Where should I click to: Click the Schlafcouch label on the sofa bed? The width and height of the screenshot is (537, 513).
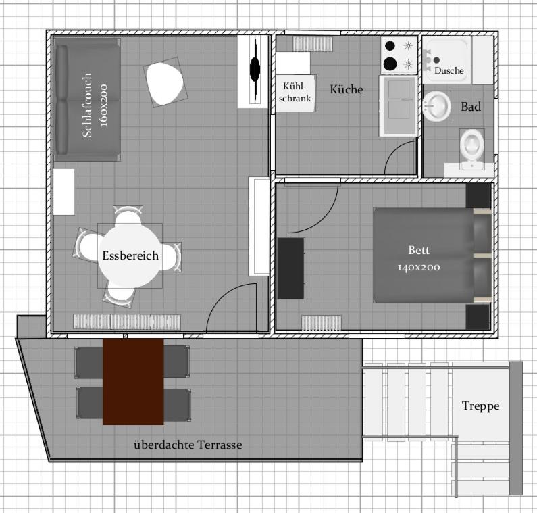click(x=87, y=105)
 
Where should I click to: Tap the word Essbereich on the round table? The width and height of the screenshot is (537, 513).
click(x=130, y=255)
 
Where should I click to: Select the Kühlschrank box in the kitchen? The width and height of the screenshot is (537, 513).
click(x=295, y=93)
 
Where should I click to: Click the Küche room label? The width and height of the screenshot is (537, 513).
click(x=347, y=89)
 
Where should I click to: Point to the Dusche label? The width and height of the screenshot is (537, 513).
click(x=449, y=70)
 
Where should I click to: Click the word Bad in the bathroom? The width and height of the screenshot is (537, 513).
click(x=471, y=107)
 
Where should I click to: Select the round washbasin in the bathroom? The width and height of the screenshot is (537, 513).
click(x=436, y=106)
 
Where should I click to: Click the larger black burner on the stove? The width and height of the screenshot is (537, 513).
click(x=390, y=64)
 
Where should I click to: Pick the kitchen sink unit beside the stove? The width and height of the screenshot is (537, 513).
click(x=399, y=105)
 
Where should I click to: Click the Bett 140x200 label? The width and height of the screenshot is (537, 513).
click(x=419, y=258)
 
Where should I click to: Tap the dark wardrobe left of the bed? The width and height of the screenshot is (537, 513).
click(x=290, y=268)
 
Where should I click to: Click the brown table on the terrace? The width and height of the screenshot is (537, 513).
click(x=133, y=381)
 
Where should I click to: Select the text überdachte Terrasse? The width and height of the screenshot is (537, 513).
click(x=188, y=445)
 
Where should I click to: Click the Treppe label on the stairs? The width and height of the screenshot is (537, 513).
click(x=480, y=406)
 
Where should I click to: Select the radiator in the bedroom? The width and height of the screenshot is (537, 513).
click(x=322, y=323)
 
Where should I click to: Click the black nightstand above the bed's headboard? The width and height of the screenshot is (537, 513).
click(x=478, y=195)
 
